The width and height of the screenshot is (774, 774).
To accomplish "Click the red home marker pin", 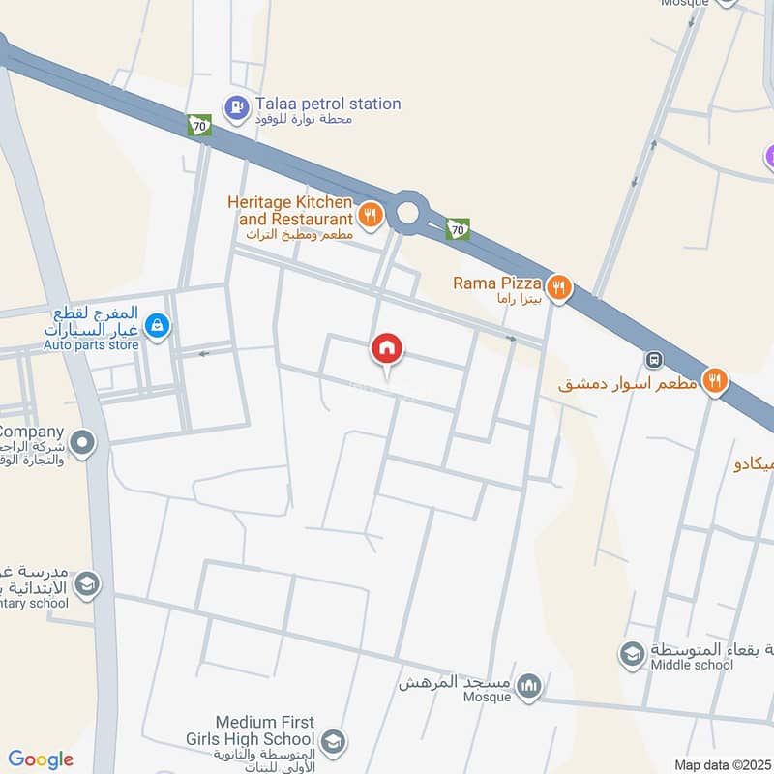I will click(387, 349).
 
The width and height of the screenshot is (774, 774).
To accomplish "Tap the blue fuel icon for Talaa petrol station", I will click(235, 104).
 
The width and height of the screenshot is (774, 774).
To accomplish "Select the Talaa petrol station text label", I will click(327, 104).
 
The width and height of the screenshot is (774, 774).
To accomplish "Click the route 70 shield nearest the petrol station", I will click(200, 126).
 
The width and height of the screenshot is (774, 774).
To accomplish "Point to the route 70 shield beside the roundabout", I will click(458, 229).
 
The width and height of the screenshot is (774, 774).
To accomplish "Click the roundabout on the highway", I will click(408, 211).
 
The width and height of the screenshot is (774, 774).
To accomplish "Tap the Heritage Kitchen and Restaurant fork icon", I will click(370, 213).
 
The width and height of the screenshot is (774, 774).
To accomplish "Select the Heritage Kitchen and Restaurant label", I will click(289, 211).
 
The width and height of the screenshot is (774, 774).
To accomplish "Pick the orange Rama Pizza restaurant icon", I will click(558, 286).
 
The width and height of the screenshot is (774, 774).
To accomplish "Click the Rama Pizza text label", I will click(495, 283).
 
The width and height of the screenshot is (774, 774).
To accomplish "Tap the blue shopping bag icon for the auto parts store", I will click(159, 327).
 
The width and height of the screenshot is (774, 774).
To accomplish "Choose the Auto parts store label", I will click(91, 344).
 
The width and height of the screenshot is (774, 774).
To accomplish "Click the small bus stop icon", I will click(655, 360).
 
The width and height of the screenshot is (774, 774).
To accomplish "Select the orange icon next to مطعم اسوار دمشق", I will click(716, 381).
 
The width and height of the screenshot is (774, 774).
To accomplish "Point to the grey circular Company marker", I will click(84, 444).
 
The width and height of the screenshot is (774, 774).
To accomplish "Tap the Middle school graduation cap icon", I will click(632, 654).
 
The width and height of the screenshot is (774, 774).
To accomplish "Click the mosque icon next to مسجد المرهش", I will click(528, 688).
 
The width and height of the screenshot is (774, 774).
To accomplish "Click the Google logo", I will click(41, 759).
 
